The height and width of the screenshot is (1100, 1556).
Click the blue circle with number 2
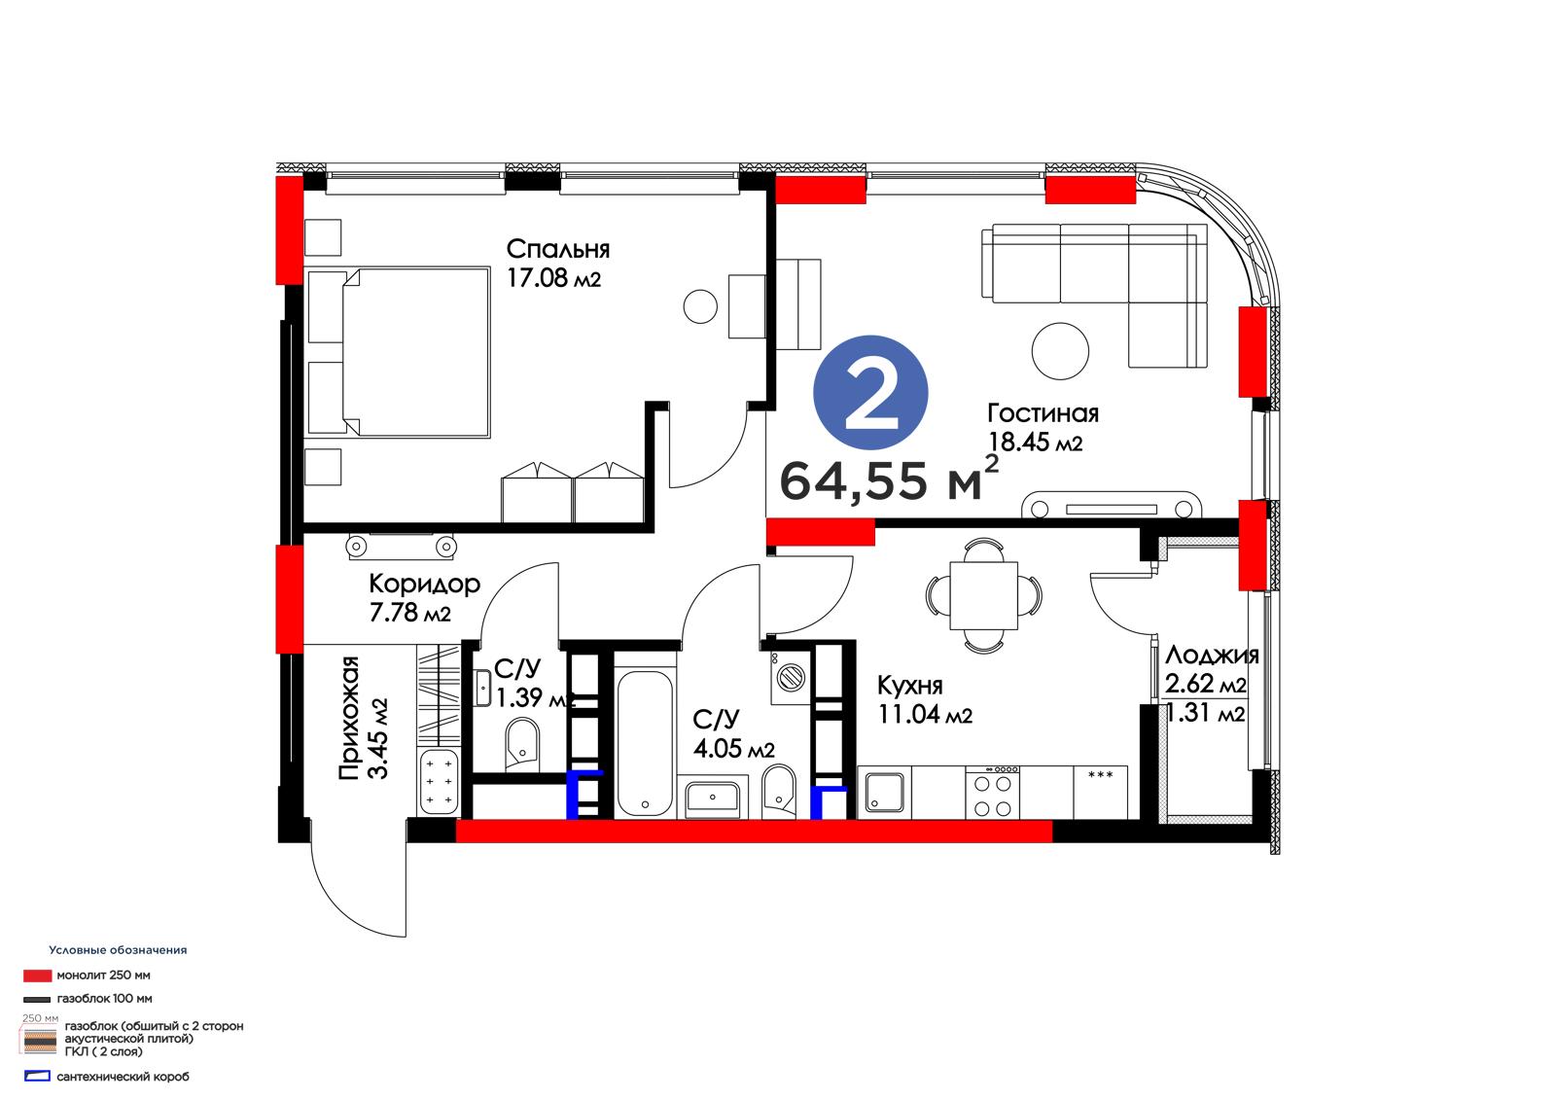pyautogui.click(x=870, y=393)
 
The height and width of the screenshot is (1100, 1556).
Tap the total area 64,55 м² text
pyautogui.click(x=889, y=479)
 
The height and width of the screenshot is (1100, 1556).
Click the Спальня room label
pyautogui.click(x=558, y=249)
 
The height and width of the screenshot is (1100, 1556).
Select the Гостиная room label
pyautogui.click(x=1043, y=413)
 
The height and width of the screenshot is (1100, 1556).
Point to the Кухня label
pyautogui.click(x=910, y=685)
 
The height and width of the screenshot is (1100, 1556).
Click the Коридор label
pyautogui.click(x=424, y=584)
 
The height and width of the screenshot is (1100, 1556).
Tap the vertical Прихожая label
pyautogui.click(x=349, y=718)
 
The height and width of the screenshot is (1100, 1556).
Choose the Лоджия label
pyautogui.click(x=1212, y=656)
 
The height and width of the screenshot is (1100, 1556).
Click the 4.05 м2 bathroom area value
pyautogui.click(x=733, y=748)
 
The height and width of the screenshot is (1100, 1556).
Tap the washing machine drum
pyautogui.click(x=791, y=675)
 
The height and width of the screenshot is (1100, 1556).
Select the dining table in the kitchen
pyautogui.click(x=983, y=595)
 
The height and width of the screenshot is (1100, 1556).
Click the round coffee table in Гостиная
pyautogui.click(x=1060, y=351)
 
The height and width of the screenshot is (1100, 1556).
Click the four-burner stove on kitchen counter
pyautogui.click(x=993, y=792)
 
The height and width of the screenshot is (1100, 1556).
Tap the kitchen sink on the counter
pyautogui.click(x=884, y=793)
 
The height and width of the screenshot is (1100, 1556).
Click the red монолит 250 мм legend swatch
pyautogui.click(x=38, y=976)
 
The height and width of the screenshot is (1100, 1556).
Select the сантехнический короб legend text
pyautogui.click(x=123, y=1077)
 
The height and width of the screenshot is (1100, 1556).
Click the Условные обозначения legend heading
pyautogui.click(x=118, y=950)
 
